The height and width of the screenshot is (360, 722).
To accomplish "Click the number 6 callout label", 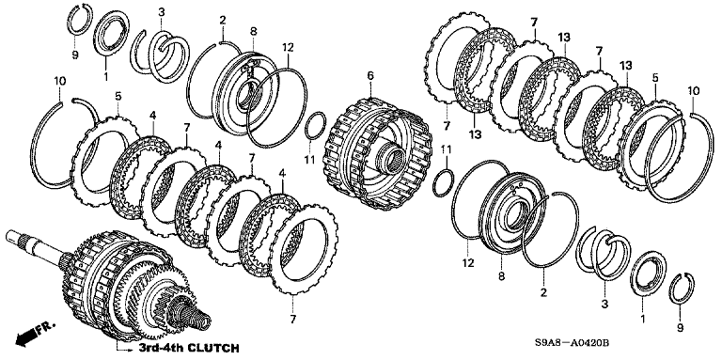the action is [370, 75].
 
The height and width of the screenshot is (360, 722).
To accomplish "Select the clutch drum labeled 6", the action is [378, 158].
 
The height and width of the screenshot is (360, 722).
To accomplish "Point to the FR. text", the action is [47, 327].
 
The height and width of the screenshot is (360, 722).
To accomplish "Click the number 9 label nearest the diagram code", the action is [681, 328].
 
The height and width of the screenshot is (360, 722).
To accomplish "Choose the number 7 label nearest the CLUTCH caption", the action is [293, 318].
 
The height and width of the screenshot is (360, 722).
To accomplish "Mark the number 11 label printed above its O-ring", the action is [447, 149].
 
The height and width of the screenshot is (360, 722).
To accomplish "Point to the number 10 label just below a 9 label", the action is [60, 81].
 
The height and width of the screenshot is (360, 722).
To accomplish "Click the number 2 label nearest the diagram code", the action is [543, 292].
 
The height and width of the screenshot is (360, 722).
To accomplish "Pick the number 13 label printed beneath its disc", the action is [475, 134].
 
